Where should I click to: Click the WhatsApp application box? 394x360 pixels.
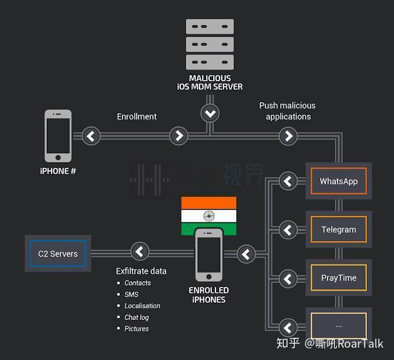338,181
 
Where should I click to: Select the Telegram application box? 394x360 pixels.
338,230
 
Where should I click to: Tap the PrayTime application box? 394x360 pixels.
338,278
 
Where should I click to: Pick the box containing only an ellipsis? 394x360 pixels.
338,326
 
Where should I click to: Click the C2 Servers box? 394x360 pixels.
58,253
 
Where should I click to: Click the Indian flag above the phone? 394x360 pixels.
209,216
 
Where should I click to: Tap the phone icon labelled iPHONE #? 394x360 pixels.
58,135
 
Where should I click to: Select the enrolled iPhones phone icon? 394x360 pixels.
209,255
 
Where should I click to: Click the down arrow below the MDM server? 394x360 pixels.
211,113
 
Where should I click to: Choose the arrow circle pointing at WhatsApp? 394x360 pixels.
288,181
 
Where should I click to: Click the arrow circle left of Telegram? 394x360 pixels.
288,230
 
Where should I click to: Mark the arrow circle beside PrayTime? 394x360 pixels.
288,278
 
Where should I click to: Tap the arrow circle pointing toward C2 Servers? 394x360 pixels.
140,252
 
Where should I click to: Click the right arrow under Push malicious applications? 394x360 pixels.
288,135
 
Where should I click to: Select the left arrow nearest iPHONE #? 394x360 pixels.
91,135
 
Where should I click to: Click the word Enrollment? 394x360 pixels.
137,116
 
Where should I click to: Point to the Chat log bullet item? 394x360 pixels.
137,318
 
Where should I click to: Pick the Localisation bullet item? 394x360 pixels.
142,306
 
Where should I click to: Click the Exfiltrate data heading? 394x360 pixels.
141,271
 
